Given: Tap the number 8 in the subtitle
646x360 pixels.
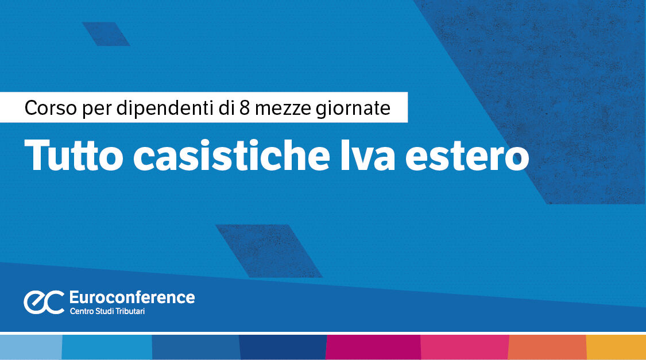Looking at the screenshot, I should point(245,108).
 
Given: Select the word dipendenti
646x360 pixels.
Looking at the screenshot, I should point(163,108).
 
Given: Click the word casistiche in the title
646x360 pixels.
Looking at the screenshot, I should point(223,154).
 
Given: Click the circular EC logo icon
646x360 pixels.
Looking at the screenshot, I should point(44,302).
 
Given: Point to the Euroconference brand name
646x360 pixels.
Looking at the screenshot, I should point(131,297).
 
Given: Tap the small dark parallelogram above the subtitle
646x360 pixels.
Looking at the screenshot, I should point(106,34).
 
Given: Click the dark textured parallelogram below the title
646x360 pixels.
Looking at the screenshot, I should point(269,250).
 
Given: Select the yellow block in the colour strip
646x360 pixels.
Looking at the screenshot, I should point(616,347).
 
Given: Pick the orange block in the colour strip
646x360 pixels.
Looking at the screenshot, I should point(547,347).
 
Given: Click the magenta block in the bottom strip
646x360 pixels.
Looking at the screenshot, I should point(373,347).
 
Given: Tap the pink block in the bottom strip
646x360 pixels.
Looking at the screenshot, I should point(465,347).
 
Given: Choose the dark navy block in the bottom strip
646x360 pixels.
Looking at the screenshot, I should point(282,347).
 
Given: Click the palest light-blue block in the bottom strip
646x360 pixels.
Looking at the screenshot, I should point(30,347).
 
